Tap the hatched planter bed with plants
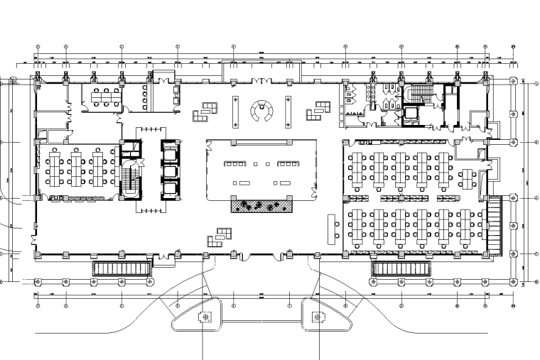coord(261,206)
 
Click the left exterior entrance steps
coord(121,269)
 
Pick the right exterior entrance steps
coord(401,269)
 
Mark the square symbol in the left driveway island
coord(206,317)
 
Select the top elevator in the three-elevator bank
coord(168,151)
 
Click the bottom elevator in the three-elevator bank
coord(168,189)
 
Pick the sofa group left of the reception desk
coord(207,109)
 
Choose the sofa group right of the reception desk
coord(317,110)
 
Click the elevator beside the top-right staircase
coord(411,113)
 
